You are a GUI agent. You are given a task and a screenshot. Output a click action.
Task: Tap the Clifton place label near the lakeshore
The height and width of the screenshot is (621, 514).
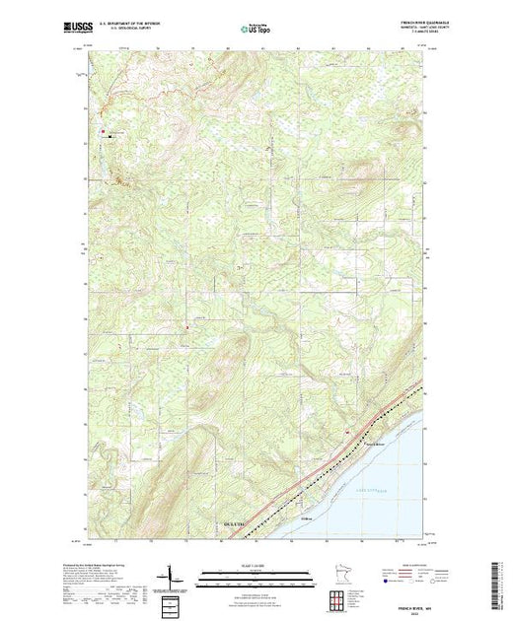[x=306, y=509]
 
